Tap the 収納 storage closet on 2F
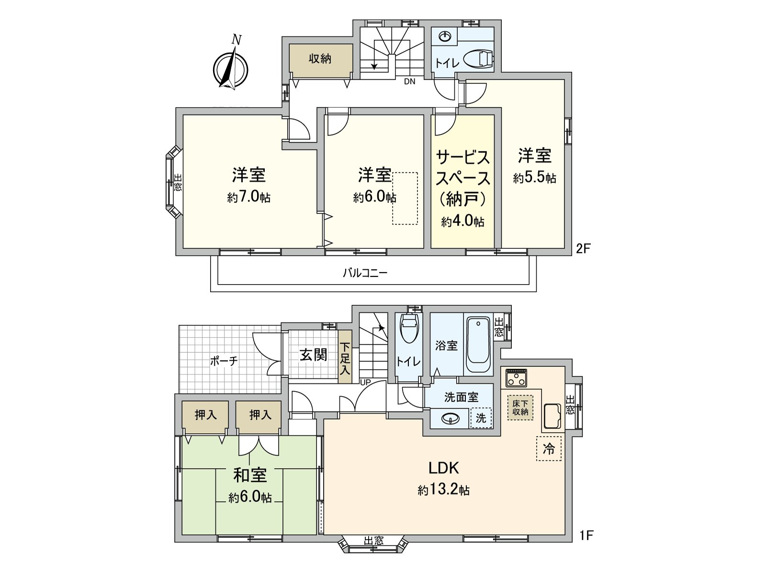[320, 59]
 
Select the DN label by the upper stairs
[409, 81]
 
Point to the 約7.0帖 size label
[248, 197]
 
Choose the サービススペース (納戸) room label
[462, 178]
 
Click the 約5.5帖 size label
[534, 178]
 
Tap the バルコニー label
[365, 273]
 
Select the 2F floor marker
[584, 249]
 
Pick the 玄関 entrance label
[314, 355]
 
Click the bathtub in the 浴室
[478, 346]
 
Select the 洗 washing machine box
[481, 418]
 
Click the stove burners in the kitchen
[516, 378]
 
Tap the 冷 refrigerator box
[549, 449]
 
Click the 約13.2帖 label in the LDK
[443, 490]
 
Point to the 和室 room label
[250, 475]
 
